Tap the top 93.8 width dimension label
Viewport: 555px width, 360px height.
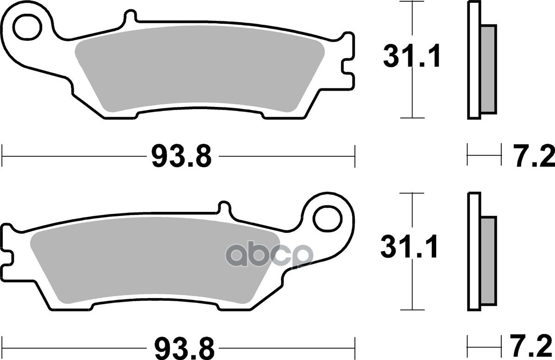[x=181, y=156]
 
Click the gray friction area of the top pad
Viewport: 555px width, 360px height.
[x=199, y=74]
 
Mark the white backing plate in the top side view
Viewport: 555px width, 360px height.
[x=474, y=60]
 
